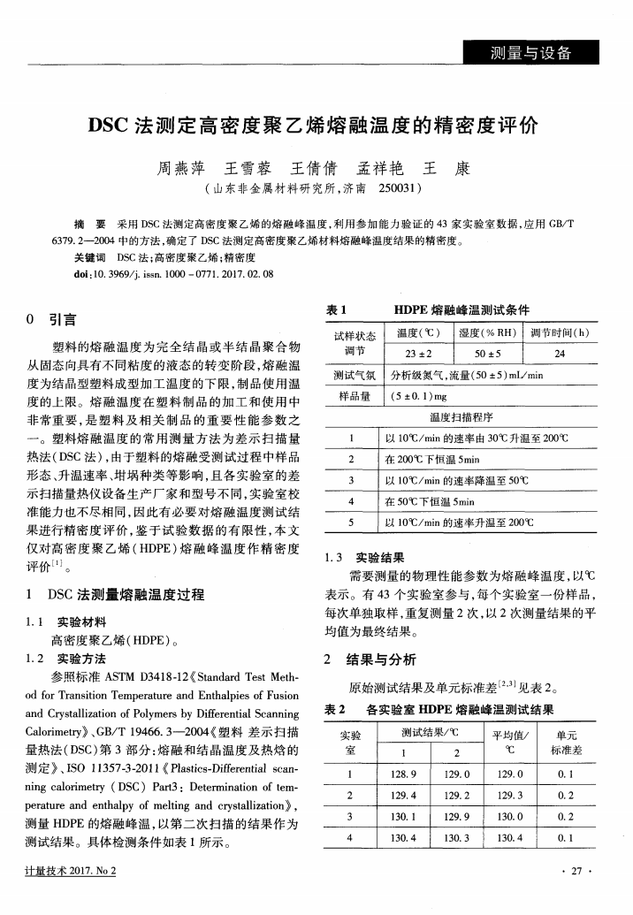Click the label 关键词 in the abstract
(x=88, y=257)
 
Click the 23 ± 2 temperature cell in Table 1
(x=408, y=354)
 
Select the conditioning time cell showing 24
(x=560, y=354)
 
